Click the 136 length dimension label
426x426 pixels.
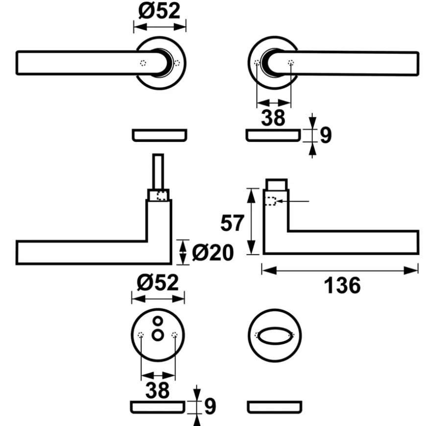(x=342, y=285)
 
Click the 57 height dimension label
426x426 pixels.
(x=232, y=223)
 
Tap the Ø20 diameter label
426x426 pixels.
(x=213, y=252)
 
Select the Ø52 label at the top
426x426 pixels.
(x=160, y=11)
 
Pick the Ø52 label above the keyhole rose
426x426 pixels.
(x=158, y=282)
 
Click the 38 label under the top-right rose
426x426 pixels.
(x=273, y=118)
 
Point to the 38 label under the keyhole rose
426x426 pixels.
(x=158, y=390)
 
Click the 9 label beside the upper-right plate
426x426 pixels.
(x=326, y=135)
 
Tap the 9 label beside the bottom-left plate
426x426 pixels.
(x=210, y=406)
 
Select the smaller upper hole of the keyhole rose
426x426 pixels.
(x=158, y=321)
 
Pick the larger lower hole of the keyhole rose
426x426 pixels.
(x=158, y=335)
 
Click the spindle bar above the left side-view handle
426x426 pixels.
(x=158, y=172)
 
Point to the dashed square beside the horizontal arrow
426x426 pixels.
(x=270, y=201)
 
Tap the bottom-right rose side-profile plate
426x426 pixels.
(x=275, y=407)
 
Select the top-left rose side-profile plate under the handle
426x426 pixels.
(x=160, y=135)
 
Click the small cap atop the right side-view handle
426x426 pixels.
(x=276, y=184)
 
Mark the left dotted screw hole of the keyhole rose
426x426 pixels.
(x=141, y=335)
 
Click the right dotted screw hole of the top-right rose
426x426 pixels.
(x=291, y=63)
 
